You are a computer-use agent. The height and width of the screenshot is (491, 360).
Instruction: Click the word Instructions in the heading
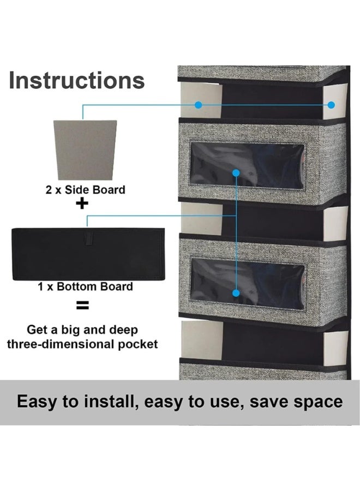coord(77,80)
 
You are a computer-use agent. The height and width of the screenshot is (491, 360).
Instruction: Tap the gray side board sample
coord(85,148)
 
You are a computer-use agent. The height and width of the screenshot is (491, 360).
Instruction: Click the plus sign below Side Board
coord(82,205)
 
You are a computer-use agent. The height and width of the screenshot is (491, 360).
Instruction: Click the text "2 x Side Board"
coord(85,190)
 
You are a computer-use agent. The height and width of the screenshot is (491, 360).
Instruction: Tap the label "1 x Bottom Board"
coord(85,286)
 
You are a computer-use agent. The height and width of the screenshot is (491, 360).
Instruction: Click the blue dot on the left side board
coord(199,104)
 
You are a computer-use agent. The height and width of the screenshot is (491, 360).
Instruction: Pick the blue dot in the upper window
coord(236,173)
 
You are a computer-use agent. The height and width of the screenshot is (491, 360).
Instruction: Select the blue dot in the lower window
coord(236,293)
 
